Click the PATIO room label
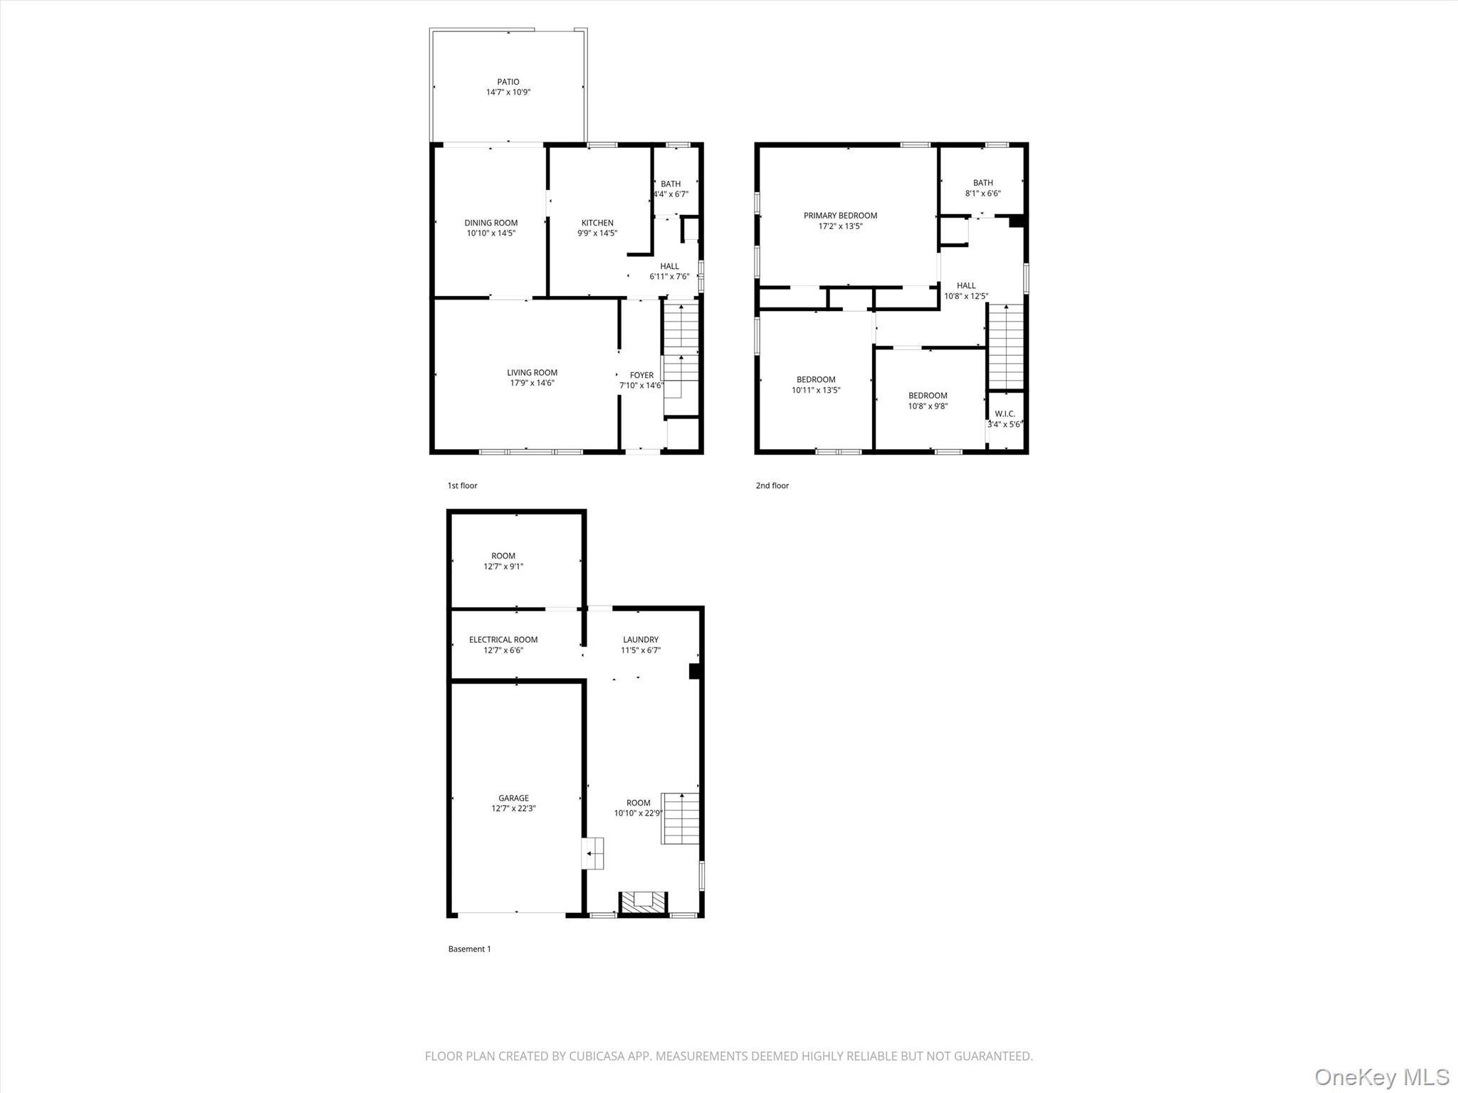[508, 82]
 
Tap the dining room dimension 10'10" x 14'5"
[491, 233]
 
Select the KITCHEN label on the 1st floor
[597, 223]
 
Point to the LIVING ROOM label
[532, 372]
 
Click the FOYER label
[641, 375]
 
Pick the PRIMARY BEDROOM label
[840, 216]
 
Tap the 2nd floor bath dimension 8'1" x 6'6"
[982, 194]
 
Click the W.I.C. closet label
[1005, 413]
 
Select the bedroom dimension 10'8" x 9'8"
[928, 406]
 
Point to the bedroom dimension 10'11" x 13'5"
[816, 390]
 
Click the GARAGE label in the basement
[513, 798]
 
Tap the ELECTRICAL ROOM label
[503, 640]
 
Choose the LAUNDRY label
[640, 640]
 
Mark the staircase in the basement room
[681, 818]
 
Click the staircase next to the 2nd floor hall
[1005, 347]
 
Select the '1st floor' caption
[462, 485]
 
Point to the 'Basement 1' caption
[469, 949]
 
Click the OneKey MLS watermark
[1381, 1077]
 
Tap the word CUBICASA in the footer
[597, 1056]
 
